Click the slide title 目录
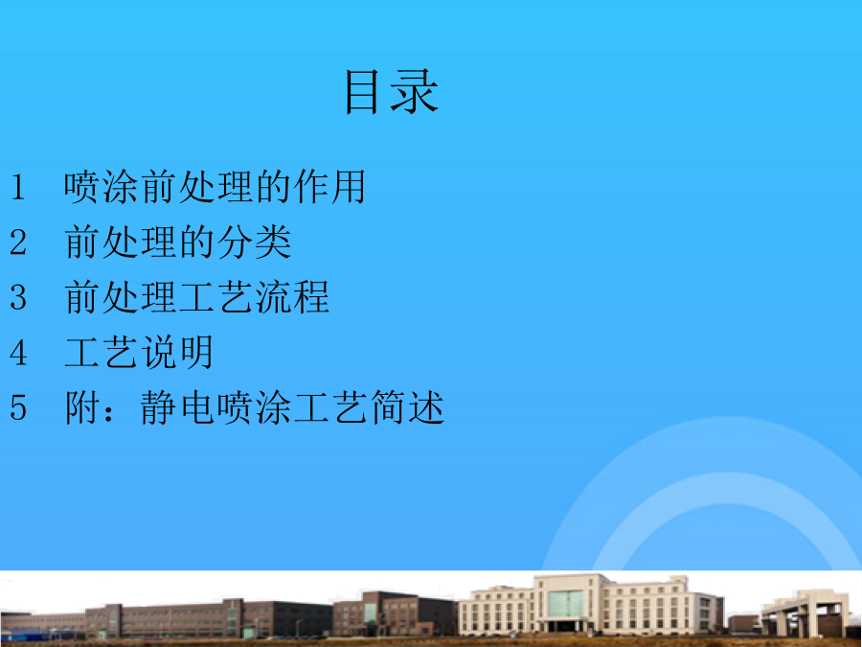coord(392,92)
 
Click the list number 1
coord(17,187)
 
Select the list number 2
coord(17,243)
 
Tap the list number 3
coord(17,297)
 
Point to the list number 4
coord(17,353)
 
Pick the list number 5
coord(17,407)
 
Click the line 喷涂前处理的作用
coord(215,187)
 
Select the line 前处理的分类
coord(177,243)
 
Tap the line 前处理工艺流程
coord(196,297)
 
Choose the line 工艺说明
coord(139,353)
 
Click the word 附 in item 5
coord(82,407)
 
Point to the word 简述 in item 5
coord(407,407)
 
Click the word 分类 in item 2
coord(254,243)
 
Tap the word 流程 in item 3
coord(292,297)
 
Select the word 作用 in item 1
coord(329,187)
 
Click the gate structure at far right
coord(804,614)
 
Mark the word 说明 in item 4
coord(176,353)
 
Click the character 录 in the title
coord(415,92)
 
